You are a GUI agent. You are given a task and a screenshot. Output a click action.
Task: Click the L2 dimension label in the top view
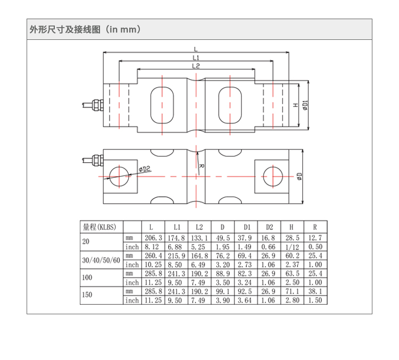point(195,66)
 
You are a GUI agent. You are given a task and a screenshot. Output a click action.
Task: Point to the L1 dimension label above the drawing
point(195,57)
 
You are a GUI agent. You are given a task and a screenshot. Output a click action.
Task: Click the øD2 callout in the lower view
point(145,169)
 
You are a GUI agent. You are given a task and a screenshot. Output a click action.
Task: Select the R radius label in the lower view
point(201,166)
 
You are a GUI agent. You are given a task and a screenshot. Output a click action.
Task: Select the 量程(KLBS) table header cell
point(101,227)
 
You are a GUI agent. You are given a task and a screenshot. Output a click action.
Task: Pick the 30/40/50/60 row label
point(101,260)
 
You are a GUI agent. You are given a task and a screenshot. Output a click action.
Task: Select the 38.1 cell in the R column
point(315,291)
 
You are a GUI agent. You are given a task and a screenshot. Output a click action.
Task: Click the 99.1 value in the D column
point(223,291)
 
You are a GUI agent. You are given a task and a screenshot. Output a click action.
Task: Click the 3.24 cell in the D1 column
point(246,282)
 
